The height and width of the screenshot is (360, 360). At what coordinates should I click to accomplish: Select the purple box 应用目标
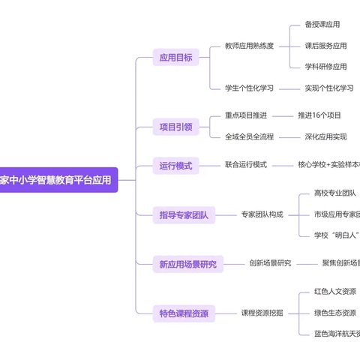[175, 57]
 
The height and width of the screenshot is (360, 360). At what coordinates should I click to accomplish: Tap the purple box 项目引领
[175, 127]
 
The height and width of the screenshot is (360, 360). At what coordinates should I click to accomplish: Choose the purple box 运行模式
[175, 165]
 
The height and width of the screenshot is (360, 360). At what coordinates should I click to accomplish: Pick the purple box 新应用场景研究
[187, 263]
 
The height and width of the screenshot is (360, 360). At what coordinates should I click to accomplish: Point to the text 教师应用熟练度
[249, 46]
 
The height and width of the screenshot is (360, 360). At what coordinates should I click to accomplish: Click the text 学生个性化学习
[249, 88]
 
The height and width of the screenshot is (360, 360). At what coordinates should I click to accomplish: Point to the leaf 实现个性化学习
[329, 88]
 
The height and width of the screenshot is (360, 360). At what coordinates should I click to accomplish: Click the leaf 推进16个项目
[319, 115]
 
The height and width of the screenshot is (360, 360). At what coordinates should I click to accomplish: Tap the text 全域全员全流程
[249, 136]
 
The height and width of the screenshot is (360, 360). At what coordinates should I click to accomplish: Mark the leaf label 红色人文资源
[335, 291]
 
